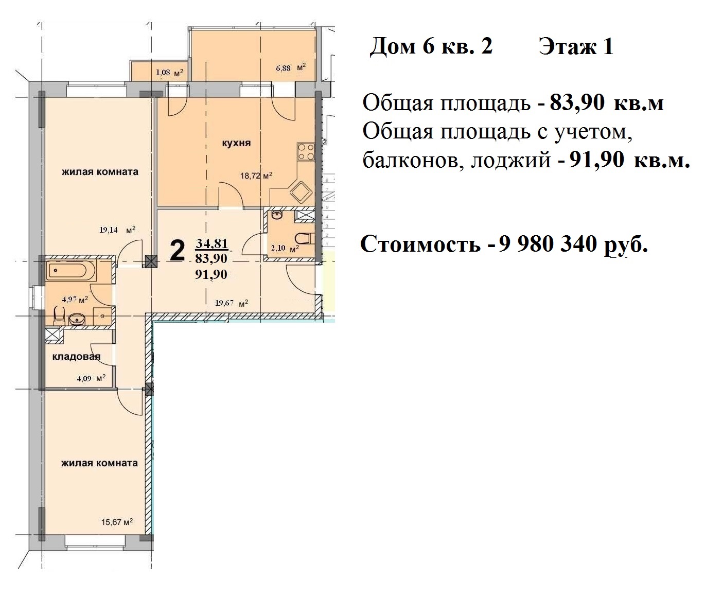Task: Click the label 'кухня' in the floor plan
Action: click(236, 144)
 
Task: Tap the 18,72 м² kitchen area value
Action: click(256, 176)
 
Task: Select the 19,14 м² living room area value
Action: click(117, 230)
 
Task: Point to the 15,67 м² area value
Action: click(117, 522)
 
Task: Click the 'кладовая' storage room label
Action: click(76, 357)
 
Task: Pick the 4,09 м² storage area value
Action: click(91, 378)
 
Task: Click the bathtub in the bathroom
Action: click(70, 271)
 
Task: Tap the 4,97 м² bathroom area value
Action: click(75, 299)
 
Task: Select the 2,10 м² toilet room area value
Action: click(285, 248)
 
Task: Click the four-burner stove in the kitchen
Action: click(306, 152)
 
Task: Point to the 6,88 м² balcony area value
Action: click(291, 67)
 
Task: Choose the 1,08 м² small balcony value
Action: click(169, 73)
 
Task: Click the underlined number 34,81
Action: click(212, 243)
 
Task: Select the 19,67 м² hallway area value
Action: click(232, 303)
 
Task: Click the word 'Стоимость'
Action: click(420, 244)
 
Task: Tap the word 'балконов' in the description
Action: click(414, 160)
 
